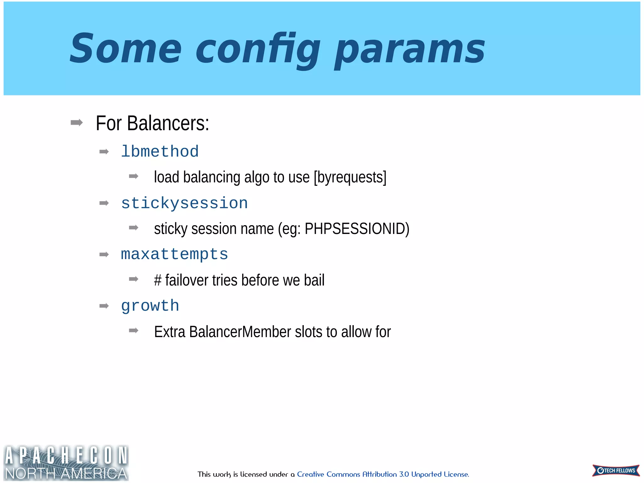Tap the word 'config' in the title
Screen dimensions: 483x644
coord(258,50)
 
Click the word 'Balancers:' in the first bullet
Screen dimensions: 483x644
coord(168,123)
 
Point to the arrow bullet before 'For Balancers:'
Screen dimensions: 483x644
coord(77,123)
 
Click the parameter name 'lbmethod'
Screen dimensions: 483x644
coord(160,152)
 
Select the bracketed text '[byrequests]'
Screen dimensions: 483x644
coord(350,177)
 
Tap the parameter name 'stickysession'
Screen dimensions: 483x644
coord(185,203)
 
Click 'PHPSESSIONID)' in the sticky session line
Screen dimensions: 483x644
coord(357,229)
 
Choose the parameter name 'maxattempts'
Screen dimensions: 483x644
coord(175,254)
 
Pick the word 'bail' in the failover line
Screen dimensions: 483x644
coord(314,280)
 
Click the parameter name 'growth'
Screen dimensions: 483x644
coord(150,306)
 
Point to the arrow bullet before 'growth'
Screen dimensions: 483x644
coord(104,306)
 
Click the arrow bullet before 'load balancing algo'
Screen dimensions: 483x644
coord(134,176)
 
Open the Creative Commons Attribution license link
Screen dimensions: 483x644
coord(383,474)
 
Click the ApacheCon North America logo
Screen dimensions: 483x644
coord(66,463)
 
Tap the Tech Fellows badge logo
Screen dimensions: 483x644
coord(616,470)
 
